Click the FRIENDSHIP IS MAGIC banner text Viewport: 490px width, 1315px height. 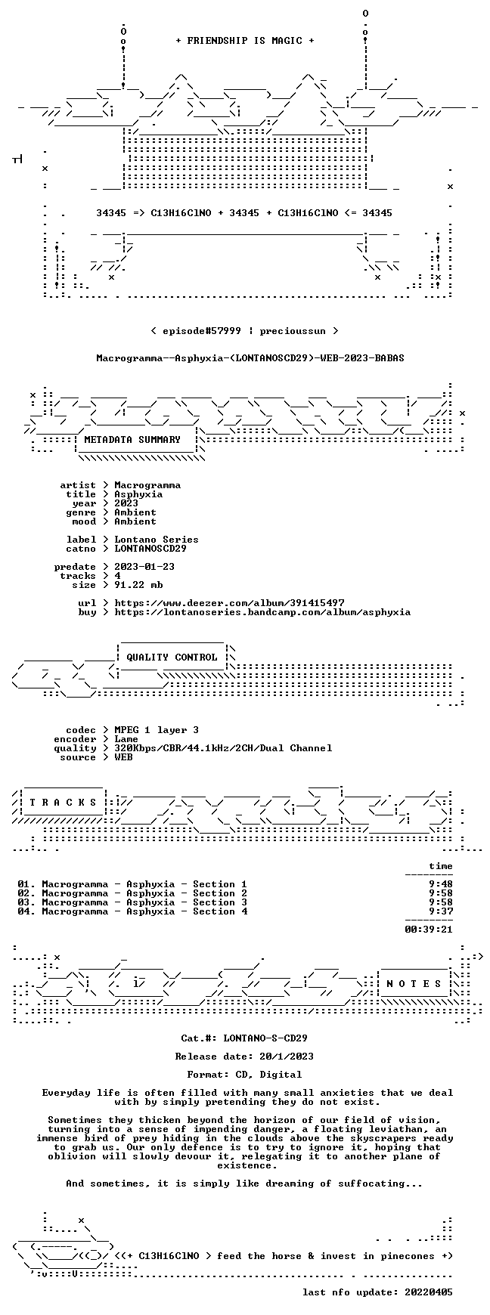(x=244, y=41)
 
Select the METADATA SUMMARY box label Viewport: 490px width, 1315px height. (x=132, y=440)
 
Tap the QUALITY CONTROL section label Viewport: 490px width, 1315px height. (x=172, y=657)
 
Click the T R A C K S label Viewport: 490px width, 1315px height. (x=63, y=803)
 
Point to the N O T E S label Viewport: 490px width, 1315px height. (x=414, y=984)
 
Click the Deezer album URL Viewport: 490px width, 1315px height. (x=229, y=603)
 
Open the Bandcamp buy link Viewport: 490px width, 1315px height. (x=262, y=612)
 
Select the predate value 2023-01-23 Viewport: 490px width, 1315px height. (x=144, y=567)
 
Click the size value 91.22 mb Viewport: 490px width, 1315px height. (x=138, y=585)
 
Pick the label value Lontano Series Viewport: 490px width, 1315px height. (x=157, y=540)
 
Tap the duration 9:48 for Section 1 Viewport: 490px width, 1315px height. (x=441, y=884)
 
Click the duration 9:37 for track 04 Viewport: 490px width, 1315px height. (x=441, y=911)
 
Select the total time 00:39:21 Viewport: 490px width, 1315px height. (x=429, y=930)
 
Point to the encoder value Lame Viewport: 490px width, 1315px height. (x=126, y=739)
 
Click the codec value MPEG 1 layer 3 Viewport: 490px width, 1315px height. (x=157, y=730)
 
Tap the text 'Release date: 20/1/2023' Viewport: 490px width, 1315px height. (x=244, y=1057)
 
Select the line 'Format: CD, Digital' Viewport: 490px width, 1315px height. (x=244, y=1075)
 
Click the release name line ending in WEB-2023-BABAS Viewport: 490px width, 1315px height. (x=250, y=358)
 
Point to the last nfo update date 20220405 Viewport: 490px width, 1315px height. (x=429, y=1292)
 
